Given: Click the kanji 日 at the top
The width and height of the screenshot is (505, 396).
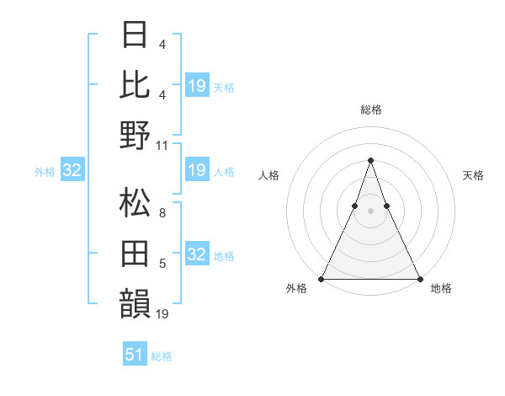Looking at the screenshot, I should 136,35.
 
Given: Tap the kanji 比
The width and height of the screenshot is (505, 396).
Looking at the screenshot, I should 136,83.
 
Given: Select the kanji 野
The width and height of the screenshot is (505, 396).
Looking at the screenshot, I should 136,135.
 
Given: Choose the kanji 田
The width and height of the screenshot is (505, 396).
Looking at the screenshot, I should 136,254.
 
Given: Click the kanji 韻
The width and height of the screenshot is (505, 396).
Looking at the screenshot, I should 136,304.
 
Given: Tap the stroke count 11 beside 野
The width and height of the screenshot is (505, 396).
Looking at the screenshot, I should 163,145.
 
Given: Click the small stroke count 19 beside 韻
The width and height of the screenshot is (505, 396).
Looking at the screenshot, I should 163,314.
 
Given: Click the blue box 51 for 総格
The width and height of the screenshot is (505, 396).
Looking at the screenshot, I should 135,355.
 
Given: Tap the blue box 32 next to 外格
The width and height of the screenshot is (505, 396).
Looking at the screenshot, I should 72,171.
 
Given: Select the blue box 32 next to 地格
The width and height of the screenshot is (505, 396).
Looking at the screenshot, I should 196,255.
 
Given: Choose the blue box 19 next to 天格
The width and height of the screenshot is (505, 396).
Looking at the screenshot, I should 196,86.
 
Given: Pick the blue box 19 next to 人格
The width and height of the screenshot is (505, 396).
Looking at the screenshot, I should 196,171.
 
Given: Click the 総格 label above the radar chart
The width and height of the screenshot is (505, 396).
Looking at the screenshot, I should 370,110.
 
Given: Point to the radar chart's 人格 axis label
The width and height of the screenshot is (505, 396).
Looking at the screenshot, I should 269,175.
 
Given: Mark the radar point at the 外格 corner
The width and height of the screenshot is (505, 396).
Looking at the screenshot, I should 322,279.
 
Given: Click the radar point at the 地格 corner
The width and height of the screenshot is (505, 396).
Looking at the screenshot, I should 419,279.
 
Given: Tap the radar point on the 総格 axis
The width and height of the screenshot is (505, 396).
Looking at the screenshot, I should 370,160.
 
